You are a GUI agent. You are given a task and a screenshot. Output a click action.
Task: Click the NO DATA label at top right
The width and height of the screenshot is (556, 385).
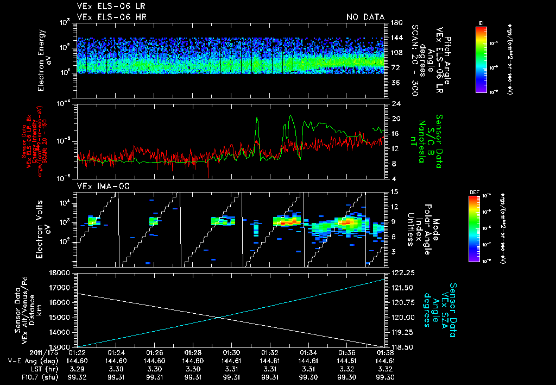click(x=365, y=17)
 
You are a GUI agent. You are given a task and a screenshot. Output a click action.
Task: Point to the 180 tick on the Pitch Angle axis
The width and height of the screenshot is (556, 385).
click(x=395, y=22)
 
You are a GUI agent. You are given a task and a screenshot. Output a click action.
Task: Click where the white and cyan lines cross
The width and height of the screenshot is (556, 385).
click(x=219, y=318)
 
